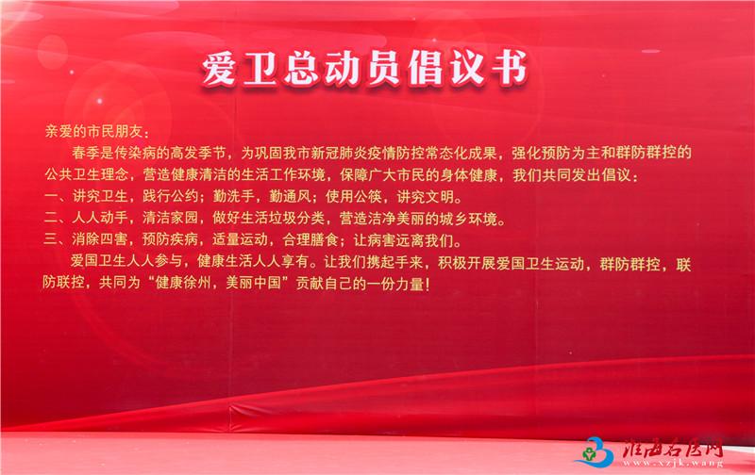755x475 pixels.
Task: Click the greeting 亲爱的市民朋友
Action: point(93,132)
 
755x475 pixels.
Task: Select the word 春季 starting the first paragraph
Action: point(86,154)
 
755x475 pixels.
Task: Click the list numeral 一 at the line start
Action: point(51,196)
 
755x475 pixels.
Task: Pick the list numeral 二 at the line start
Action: point(51,218)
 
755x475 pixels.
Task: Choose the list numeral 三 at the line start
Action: point(51,239)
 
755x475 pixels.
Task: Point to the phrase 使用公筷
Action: point(353,196)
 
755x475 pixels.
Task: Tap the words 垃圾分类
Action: point(297,218)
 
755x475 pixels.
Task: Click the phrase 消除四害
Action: point(100,239)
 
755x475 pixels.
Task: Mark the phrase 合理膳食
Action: point(310,239)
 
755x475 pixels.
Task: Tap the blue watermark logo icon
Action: point(596,450)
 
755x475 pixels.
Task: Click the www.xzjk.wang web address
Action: point(673,464)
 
